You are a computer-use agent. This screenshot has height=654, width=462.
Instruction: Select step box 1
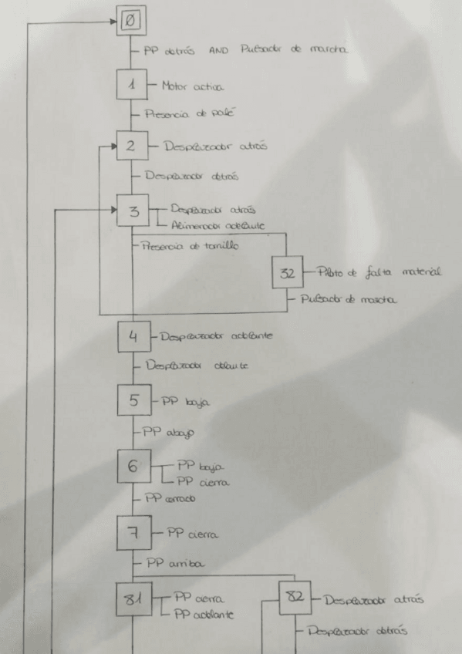pyautogui.click(x=132, y=85)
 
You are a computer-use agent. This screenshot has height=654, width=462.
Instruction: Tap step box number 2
pyautogui.click(x=132, y=145)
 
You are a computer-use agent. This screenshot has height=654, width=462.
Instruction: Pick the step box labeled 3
pyautogui.click(x=133, y=211)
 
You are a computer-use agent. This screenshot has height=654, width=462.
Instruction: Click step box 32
pyautogui.click(x=288, y=274)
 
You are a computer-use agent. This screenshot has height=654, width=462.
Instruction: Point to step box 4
pyautogui.click(x=133, y=336)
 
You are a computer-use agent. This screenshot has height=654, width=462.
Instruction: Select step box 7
pyautogui.click(x=133, y=531)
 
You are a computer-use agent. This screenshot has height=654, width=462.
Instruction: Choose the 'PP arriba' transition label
pyautogui.click(x=174, y=564)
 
